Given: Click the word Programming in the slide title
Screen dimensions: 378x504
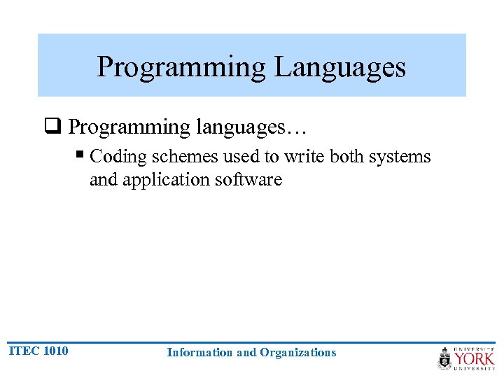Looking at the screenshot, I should [181, 67].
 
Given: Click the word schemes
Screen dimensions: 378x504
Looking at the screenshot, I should [183, 156].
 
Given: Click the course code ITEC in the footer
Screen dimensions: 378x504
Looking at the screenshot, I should [24, 351].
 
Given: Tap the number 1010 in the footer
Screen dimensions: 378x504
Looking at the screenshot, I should [56, 351].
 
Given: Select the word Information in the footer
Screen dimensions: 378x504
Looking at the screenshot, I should [200, 353].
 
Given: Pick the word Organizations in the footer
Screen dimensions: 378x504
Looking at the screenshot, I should [297, 353].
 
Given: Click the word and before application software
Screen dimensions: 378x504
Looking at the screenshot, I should [104, 180].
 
